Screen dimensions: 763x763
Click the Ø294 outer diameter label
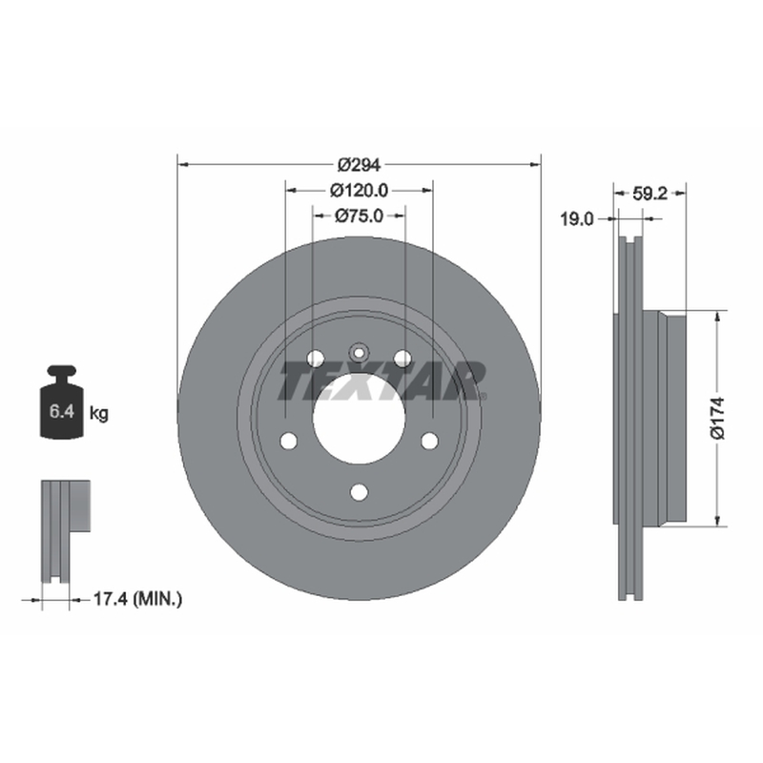(x=359, y=165)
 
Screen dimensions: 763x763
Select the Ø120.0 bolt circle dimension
(x=360, y=191)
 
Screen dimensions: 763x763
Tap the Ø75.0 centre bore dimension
(x=360, y=216)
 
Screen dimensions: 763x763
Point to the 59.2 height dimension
(x=650, y=195)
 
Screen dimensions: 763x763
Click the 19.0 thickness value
(x=577, y=219)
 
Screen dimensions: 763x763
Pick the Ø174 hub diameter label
(x=718, y=418)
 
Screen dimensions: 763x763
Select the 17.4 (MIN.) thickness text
(x=137, y=599)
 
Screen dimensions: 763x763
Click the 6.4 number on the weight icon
(x=62, y=412)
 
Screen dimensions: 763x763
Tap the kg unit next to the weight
(x=99, y=414)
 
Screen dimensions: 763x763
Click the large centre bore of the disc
(x=360, y=419)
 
